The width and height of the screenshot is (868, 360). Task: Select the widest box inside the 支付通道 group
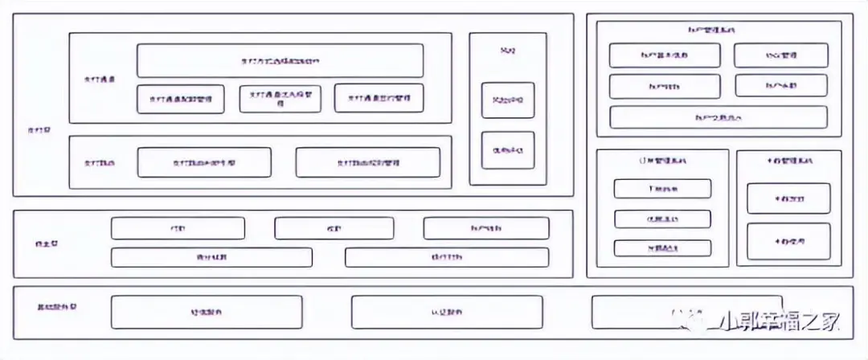coord(280,60)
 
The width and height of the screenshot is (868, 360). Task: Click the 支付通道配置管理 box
coord(180,99)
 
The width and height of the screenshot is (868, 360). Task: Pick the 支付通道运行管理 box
coord(379,98)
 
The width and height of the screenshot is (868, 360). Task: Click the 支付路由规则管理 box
coord(367,162)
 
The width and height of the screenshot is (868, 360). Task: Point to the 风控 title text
coord(507,51)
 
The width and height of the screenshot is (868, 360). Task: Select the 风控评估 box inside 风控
coord(507,100)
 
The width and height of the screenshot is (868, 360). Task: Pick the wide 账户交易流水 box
coord(718,117)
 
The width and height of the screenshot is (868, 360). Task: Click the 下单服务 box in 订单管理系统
coord(662,189)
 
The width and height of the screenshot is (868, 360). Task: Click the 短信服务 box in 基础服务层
coord(207,312)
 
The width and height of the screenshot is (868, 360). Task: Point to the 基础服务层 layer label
coord(57,308)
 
